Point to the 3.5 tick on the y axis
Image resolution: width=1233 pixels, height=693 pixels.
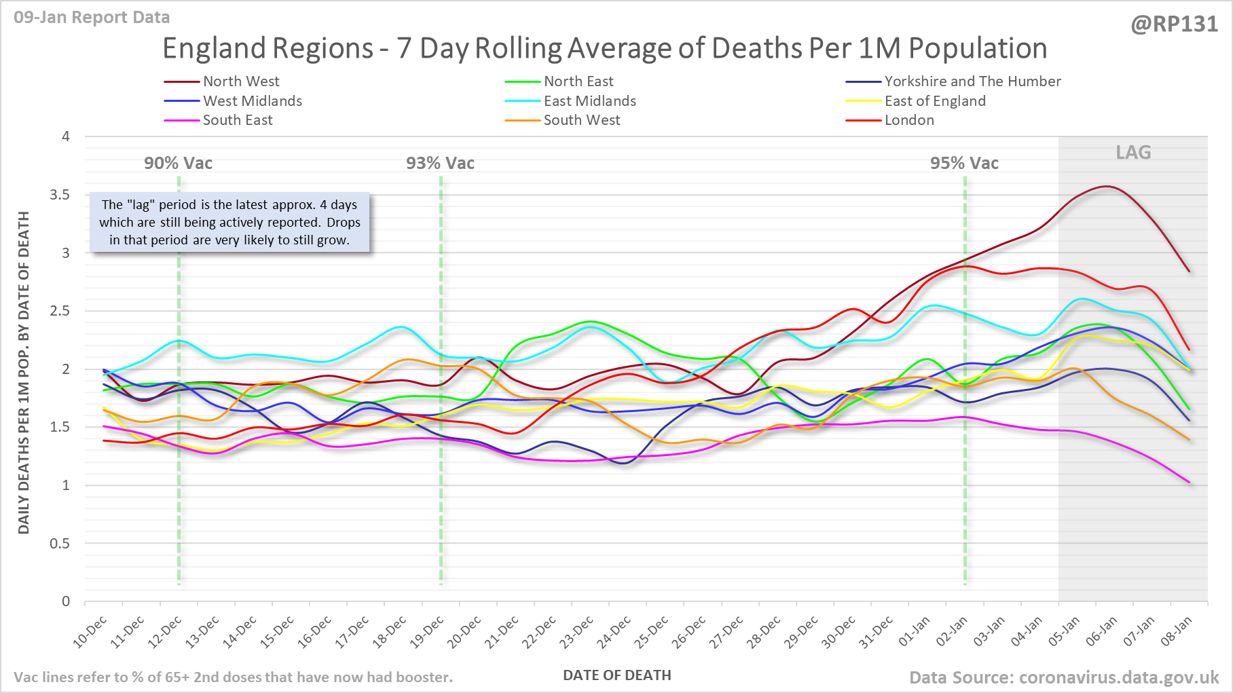(x=60, y=195)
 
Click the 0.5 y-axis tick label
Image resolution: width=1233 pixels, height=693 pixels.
(x=60, y=544)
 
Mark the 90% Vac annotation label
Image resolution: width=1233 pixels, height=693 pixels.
(x=178, y=164)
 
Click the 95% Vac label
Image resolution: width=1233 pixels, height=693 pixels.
(x=964, y=164)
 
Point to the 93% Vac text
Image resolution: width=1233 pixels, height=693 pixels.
(x=440, y=164)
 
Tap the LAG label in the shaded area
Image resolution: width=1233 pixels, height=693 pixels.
(x=1133, y=153)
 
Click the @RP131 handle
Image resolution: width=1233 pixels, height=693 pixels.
(x=1174, y=24)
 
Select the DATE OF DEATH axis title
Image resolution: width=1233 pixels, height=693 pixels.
(x=616, y=675)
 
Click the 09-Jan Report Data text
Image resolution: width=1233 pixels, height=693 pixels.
(x=92, y=17)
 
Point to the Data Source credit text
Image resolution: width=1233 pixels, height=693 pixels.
(x=1064, y=677)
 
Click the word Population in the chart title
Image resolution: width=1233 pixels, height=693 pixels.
(x=978, y=48)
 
